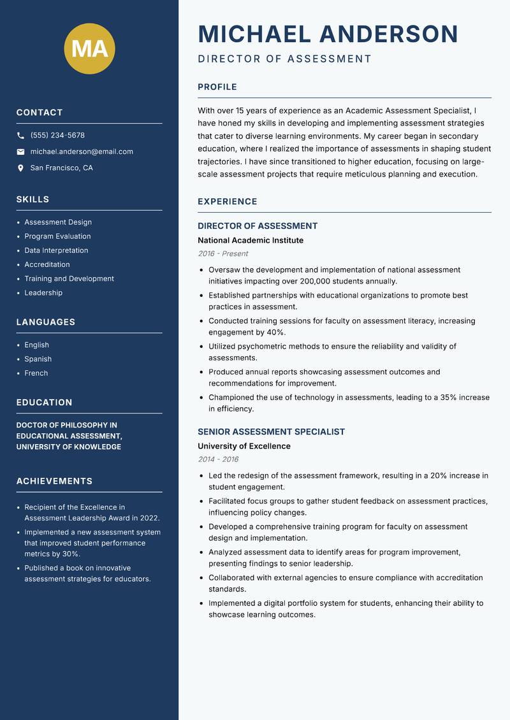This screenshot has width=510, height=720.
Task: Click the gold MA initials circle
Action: coord(89,48)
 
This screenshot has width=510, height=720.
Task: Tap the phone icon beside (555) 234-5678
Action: coord(20,136)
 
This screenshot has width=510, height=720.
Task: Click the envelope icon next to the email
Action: coord(20,152)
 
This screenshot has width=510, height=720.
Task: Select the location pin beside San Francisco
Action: coord(20,168)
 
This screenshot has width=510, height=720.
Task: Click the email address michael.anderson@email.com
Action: coord(82,152)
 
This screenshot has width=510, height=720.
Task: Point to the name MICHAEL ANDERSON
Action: coord(328,34)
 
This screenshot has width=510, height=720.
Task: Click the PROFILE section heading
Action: coord(217,87)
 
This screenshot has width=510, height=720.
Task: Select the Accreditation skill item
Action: coord(47,264)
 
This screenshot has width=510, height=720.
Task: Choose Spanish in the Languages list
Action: coord(38,359)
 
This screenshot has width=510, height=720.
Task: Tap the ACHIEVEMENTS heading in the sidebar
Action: coord(54,481)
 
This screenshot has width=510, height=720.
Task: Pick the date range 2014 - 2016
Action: coord(218,459)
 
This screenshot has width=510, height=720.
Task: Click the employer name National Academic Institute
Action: coord(251,240)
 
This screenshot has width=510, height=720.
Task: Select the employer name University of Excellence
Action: coord(244,446)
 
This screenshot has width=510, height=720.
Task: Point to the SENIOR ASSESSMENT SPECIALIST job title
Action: coord(271,431)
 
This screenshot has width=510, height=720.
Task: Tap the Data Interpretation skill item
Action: coord(56,250)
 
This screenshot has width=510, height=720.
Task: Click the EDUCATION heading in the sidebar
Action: coord(45,403)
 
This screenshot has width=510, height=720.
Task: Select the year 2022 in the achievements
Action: coord(149,518)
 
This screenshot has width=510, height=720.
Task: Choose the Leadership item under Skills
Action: coord(43,292)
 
